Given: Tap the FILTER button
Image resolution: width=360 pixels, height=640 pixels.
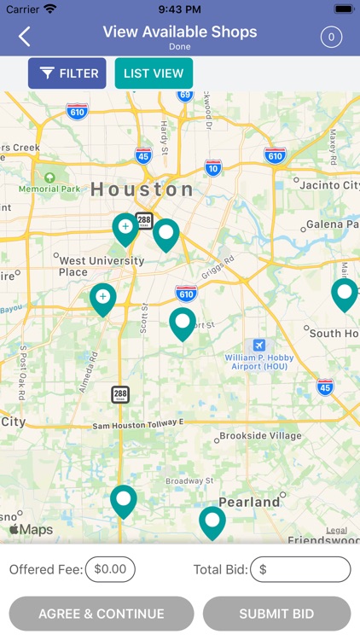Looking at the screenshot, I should [x=67, y=73].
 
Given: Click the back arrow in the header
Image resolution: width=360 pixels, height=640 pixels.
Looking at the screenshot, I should [x=25, y=36].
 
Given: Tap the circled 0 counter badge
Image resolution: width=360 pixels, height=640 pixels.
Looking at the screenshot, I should [x=330, y=37].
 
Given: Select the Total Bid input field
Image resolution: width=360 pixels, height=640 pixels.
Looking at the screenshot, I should [x=300, y=569].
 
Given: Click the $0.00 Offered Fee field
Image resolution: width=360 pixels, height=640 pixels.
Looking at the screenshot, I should [x=110, y=569].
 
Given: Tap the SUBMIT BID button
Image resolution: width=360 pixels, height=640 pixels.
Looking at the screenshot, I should [x=276, y=614].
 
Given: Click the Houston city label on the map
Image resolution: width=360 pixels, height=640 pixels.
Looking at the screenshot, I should [x=142, y=189].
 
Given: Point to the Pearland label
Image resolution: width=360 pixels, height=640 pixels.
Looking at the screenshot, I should [x=249, y=502].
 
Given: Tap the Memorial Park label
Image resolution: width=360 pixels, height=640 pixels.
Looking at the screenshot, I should [x=50, y=189].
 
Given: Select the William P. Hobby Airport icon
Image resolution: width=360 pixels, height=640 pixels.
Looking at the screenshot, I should [x=259, y=346].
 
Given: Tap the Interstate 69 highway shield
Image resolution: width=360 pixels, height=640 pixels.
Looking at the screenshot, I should [x=185, y=95].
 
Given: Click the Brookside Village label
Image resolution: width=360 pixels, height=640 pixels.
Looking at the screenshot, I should [x=260, y=436].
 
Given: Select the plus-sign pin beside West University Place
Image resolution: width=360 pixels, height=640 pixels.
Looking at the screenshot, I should [x=103, y=298].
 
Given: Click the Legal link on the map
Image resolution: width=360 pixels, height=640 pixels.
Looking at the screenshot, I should [x=336, y=530].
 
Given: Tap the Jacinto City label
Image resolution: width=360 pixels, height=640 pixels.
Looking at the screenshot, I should [x=328, y=185].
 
